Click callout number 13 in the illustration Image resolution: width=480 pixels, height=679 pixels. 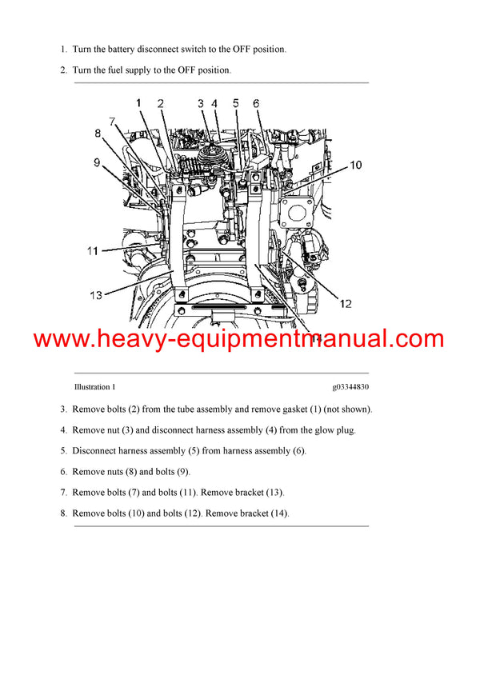coord(95,295)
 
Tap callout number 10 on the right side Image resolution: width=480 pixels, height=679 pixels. coord(354,166)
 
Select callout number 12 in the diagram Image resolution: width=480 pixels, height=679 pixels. coord(345,303)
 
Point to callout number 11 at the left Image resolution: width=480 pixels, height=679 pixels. coord(93,250)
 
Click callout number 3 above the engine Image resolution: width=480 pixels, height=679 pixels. coord(201,103)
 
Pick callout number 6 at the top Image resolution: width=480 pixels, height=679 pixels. coord(256,103)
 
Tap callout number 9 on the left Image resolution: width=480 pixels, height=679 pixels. coord(96,163)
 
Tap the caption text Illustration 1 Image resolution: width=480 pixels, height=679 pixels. coord(94,386)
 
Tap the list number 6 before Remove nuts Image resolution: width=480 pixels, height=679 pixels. coord(62,472)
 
